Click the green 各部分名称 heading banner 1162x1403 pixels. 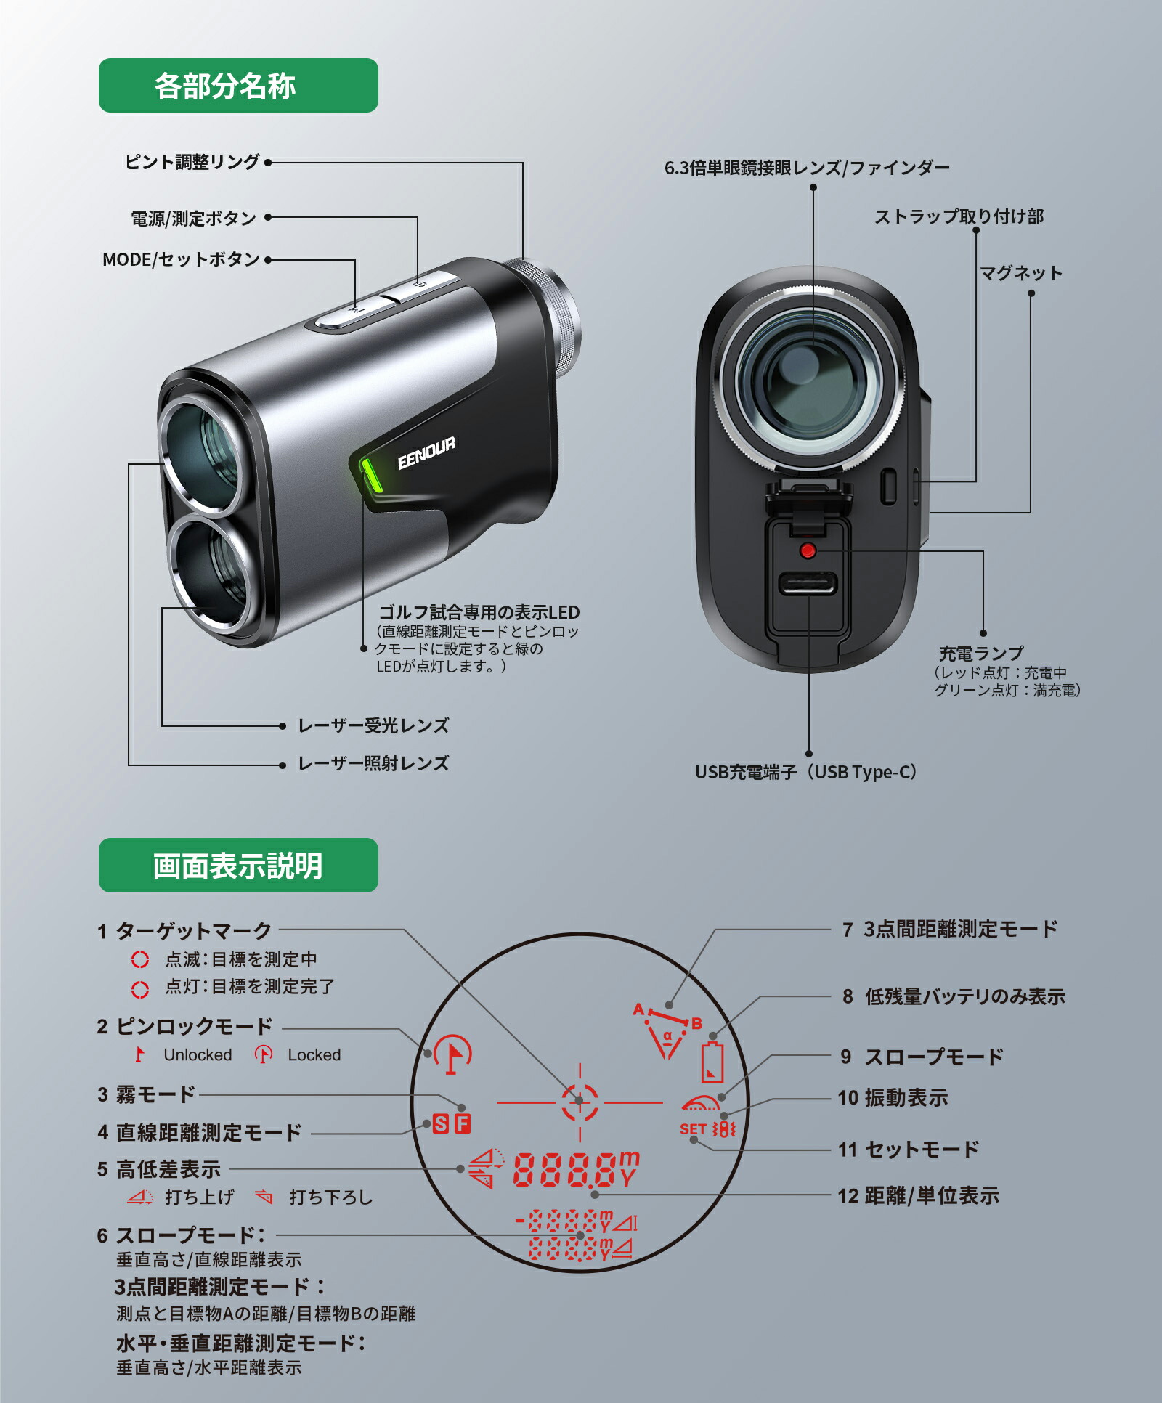click(x=238, y=86)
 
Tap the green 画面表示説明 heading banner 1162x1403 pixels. click(x=238, y=866)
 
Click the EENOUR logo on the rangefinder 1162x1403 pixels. click(x=426, y=453)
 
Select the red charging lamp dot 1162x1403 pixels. click(x=808, y=550)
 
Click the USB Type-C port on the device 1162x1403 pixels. click(x=808, y=583)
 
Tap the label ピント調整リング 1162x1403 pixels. click(x=192, y=162)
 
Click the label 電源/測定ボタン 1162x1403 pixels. click(x=193, y=218)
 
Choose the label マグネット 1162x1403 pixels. click(x=1021, y=274)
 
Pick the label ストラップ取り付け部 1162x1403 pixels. click(x=959, y=217)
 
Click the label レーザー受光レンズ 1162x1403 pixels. click(x=373, y=725)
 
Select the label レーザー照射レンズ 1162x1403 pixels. click(x=373, y=764)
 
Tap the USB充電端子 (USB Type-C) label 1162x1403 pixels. click(x=806, y=772)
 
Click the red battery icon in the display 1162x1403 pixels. click(x=712, y=1062)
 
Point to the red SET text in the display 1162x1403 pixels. click(x=693, y=1129)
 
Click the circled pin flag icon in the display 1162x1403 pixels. click(x=452, y=1054)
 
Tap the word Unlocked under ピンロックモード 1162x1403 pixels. click(x=198, y=1054)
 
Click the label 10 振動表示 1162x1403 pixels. click(x=893, y=1098)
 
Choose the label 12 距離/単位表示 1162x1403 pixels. click(x=918, y=1195)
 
